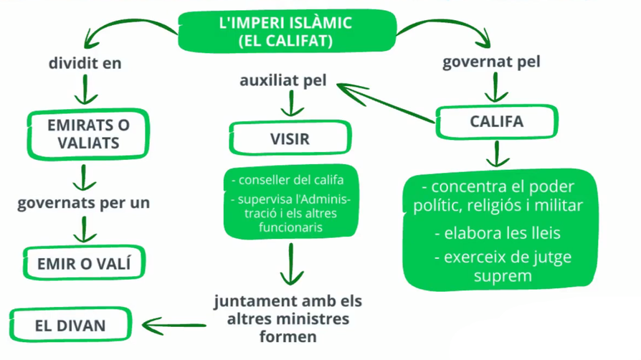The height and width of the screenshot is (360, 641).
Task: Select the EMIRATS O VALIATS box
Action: click(x=88, y=133)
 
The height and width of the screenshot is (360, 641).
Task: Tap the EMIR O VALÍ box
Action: click(x=84, y=263)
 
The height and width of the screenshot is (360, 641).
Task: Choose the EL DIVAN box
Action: click(x=70, y=326)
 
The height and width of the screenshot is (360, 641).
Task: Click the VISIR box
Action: click(x=290, y=138)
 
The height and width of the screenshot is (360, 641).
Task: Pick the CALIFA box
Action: click(x=496, y=121)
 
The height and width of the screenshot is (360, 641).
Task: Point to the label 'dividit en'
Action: click(x=85, y=63)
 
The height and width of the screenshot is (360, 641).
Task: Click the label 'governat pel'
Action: click(x=491, y=62)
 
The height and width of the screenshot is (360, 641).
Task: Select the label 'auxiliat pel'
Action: click(x=282, y=80)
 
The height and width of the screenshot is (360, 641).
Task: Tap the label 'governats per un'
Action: click(x=84, y=202)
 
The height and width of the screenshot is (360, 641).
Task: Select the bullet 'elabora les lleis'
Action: click(x=497, y=232)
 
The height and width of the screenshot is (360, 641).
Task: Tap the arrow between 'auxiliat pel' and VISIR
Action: click(x=290, y=106)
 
